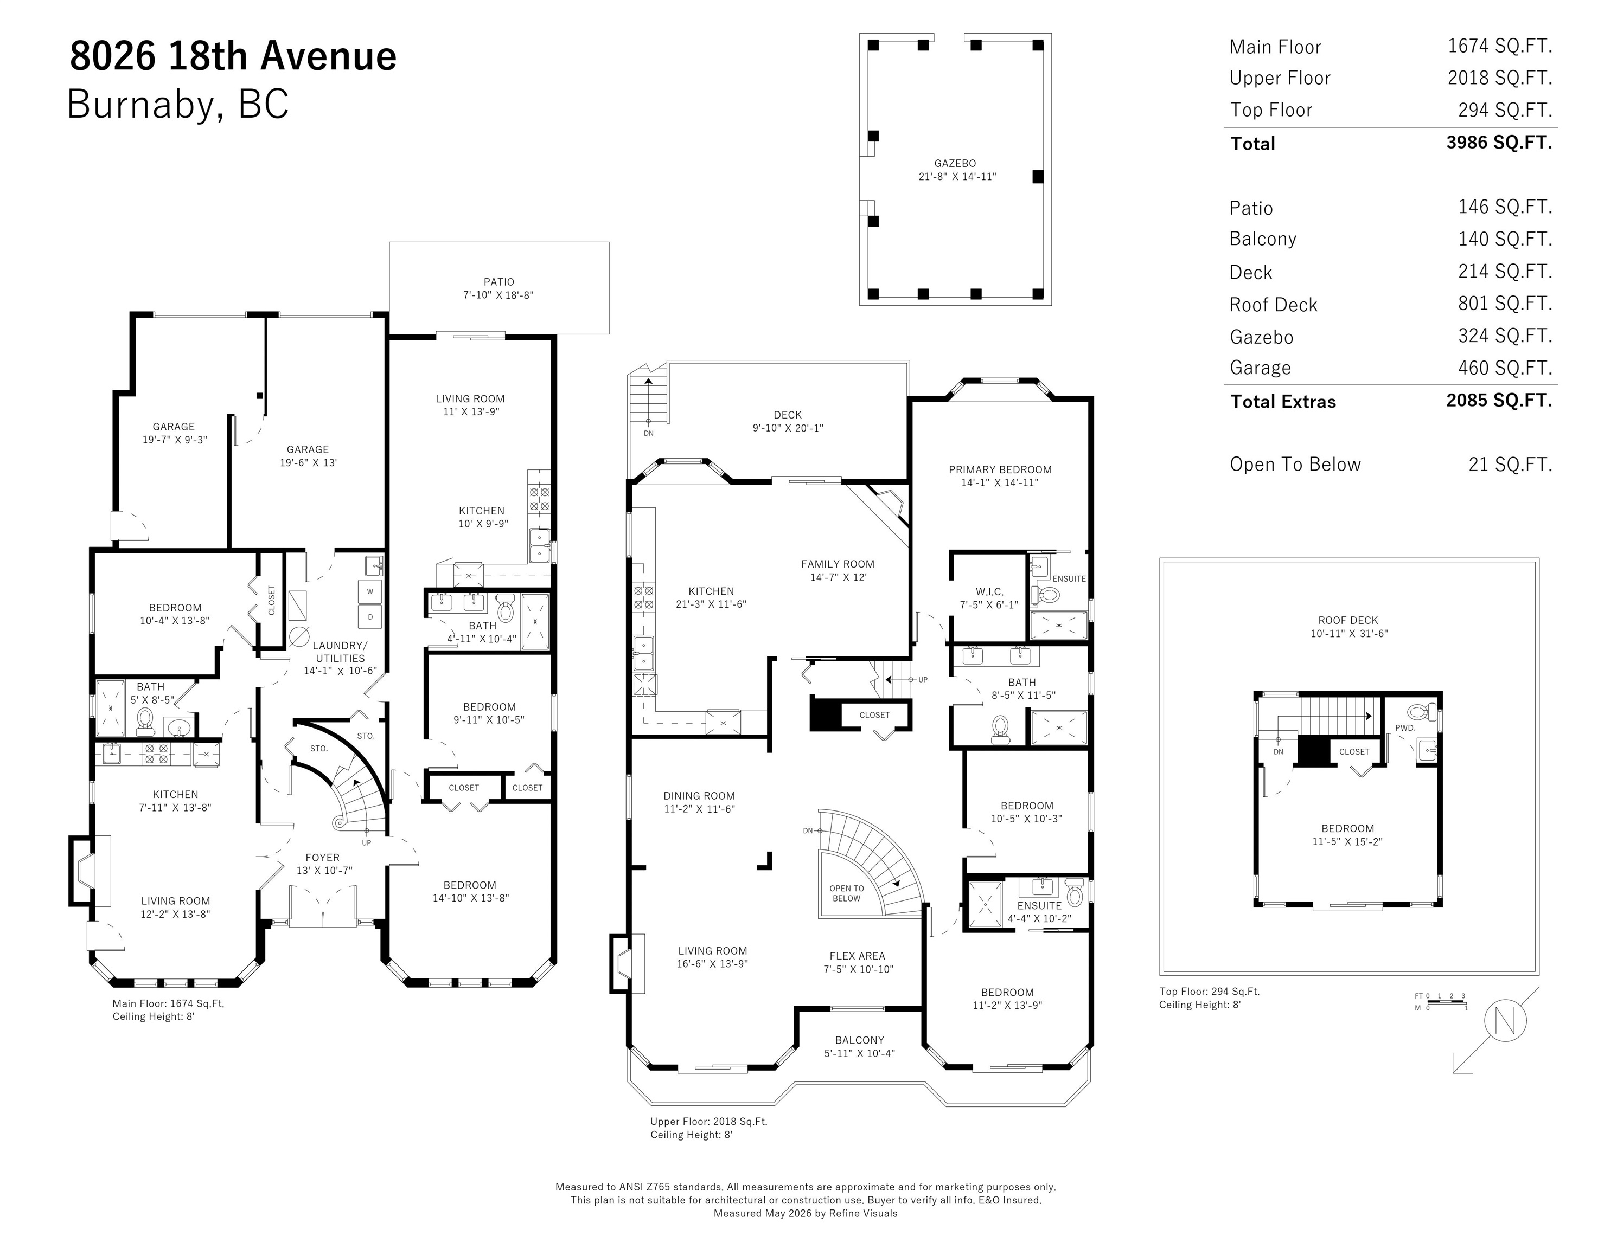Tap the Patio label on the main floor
click(498, 282)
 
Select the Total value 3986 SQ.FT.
click(1499, 142)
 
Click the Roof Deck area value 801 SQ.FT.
click(1505, 304)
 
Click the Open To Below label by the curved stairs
click(846, 893)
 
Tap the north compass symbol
click(1505, 1022)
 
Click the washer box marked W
click(370, 591)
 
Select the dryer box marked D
click(370, 616)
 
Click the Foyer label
click(323, 858)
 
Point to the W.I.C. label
click(989, 592)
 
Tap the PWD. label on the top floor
click(1405, 728)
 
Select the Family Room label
click(838, 564)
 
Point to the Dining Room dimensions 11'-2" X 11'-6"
click(699, 809)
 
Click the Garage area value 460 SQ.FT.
click(1505, 368)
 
